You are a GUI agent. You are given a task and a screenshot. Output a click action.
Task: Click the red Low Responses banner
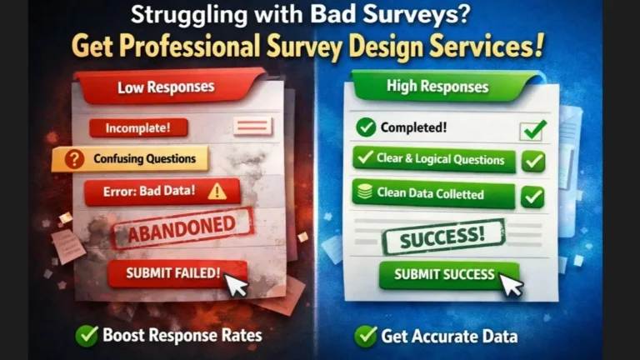[166, 87]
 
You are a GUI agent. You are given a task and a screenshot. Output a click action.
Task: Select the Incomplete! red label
[138, 128]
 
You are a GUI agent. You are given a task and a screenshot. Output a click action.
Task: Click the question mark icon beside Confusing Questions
[74, 158]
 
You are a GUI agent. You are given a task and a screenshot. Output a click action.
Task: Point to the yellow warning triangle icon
[217, 191]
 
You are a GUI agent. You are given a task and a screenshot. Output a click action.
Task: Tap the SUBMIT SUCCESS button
[444, 274]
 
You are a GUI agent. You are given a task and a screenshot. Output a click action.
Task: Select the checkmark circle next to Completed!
[365, 127]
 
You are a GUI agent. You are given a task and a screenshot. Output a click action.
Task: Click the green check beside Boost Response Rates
[86, 335]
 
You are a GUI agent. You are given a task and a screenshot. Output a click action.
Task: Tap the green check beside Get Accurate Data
[365, 336]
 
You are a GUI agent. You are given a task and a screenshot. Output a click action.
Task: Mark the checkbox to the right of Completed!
[532, 129]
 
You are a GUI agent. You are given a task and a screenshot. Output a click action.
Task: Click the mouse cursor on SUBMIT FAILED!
[237, 285]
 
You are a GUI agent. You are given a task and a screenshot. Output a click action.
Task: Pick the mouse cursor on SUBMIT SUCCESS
[510, 285]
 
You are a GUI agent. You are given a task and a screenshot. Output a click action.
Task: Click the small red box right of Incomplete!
[252, 126]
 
